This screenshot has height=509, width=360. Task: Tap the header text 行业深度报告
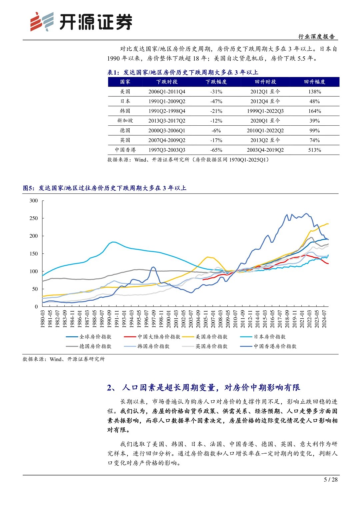(x=316, y=37)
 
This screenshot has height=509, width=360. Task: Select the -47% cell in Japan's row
(x=216, y=101)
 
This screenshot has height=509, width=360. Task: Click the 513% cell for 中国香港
(x=314, y=150)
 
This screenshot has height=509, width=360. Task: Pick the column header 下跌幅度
(x=216, y=82)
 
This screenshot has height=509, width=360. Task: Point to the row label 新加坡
(x=125, y=121)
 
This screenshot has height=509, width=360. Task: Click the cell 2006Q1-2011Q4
(x=167, y=92)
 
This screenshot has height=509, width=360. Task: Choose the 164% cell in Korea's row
(x=314, y=111)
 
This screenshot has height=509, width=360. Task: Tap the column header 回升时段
(x=265, y=82)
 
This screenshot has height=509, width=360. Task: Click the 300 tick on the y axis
(x=34, y=201)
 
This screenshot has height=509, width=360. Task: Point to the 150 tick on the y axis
(x=34, y=254)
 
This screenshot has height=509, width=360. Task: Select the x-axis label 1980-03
(x=43, y=319)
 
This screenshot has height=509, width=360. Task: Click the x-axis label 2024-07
(x=324, y=319)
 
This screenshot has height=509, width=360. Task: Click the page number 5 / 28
(x=331, y=480)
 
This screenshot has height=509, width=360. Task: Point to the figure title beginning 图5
(x=104, y=188)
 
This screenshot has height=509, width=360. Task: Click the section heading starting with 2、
(x=203, y=388)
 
